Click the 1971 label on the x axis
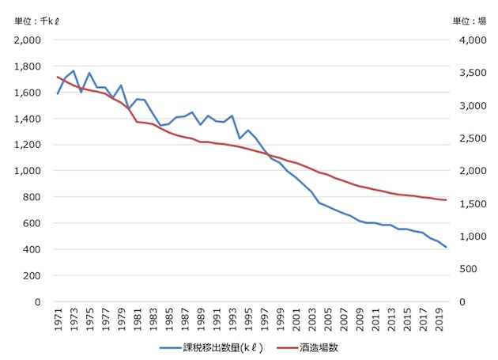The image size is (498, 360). click(58, 320)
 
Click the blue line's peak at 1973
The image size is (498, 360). click(74, 70)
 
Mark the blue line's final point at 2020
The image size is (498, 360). click(445, 248)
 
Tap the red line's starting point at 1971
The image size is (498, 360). click(58, 77)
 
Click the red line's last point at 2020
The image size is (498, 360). click(445, 200)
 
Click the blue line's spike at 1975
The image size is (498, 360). click(89, 73)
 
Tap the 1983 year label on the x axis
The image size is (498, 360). click(153, 320)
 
